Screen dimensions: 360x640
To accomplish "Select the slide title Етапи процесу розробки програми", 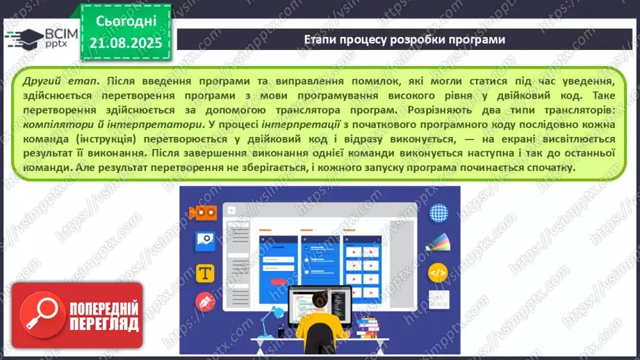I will [x=405, y=40].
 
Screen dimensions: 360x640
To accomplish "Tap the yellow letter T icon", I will [x=205, y=273].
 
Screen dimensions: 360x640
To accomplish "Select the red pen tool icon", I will [x=205, y=302].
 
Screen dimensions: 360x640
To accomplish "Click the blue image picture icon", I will [x=206, y=242].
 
